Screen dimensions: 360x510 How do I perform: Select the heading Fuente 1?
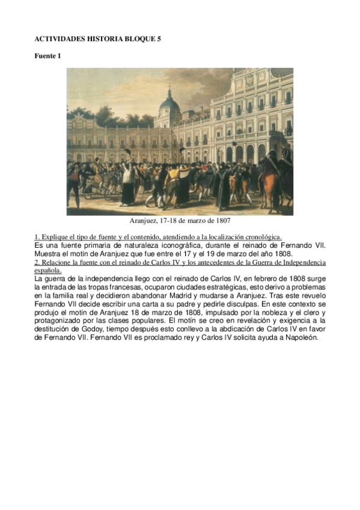pyautogui.click(x=47, y=56)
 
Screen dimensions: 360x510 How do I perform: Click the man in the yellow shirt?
pyautogui.click(x=173, y=178)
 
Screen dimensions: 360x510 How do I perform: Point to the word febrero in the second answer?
pyautogui.click(x=243, y=278)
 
